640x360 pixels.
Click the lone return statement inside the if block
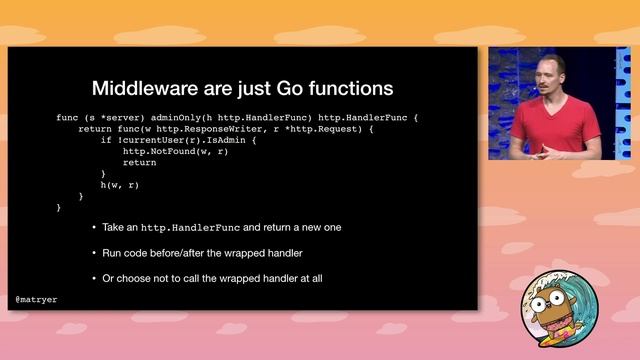click(139, 162)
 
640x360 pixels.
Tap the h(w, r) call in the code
click(118, 185)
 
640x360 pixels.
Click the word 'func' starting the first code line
click(66, 118)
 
